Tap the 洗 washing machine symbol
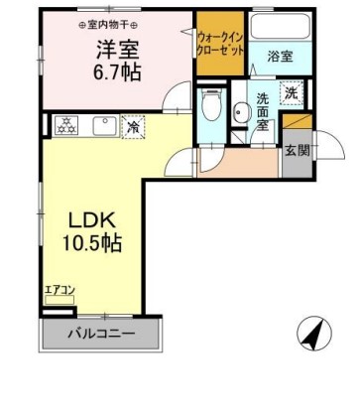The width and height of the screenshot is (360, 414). click(292, 92)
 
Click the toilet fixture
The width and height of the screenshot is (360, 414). click(209, 103)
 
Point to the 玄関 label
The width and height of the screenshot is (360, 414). click(297, 151)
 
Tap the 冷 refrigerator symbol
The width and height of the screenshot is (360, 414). click(130, 126)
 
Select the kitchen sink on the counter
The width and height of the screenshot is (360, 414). click(102, 125)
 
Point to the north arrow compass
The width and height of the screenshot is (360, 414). click(315, 335)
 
